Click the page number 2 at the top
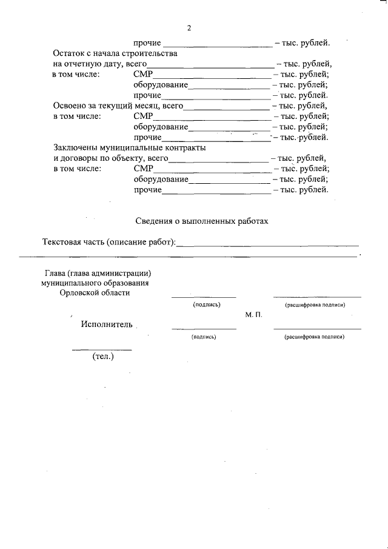click(x=189, y=29)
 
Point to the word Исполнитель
click(x=106, y=324)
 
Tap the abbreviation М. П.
click(x=253, y=315)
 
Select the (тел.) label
click(x=102, y=357)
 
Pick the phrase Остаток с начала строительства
click(x=115, y=53)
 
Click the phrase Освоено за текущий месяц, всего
click(x=118, y=106)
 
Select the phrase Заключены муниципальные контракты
click(x=129, y=148)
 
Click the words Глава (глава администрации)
click(x=98, y=273)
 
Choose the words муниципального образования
click(x=95, y=283)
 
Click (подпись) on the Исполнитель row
click(x=203, y=336)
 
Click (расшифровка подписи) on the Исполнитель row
click(x=315, y=336)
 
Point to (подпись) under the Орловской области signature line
click(x=206, y=305)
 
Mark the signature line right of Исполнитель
click(x=204, y=328)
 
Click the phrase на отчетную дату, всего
click(x=100, y=64)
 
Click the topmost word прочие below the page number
click(x=147, y=43)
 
